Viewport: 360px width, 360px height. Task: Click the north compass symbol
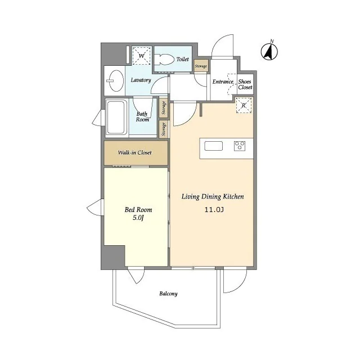point(269,51)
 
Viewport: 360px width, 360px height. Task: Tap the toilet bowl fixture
point(164,60)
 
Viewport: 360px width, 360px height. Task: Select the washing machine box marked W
point(142,56)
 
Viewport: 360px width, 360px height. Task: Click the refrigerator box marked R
point(244,105)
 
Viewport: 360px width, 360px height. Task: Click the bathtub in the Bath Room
point(117,117)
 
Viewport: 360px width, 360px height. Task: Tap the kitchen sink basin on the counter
point(214,146)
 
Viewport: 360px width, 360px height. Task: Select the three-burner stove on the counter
point(240,146)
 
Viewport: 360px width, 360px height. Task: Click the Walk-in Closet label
point(135,152)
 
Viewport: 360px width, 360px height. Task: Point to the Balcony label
point(169,294)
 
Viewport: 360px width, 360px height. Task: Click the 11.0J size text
point(214,210)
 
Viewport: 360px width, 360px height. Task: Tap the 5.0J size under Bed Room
point(138,218)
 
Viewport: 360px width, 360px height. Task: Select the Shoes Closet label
point(245,84)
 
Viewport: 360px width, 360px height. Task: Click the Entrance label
point(223,82)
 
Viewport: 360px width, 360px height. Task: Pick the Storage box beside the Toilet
point(201,66)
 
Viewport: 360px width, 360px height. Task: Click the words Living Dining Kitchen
point(213,196)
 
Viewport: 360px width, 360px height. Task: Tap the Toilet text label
point(183,59)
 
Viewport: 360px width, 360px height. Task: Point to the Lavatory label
point(141,80)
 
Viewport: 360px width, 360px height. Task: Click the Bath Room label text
point(142,116)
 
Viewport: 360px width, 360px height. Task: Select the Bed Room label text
point(138,210)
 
